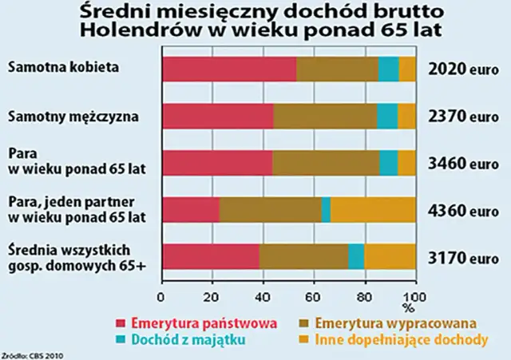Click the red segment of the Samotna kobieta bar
tap(229, 69)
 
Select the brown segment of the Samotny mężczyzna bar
tap(325, 117)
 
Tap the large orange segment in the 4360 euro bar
tap(373, 209)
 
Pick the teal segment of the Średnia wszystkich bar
tap(356, 256)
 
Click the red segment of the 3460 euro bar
tap(217, 163)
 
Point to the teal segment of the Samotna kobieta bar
tap(388, 69)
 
